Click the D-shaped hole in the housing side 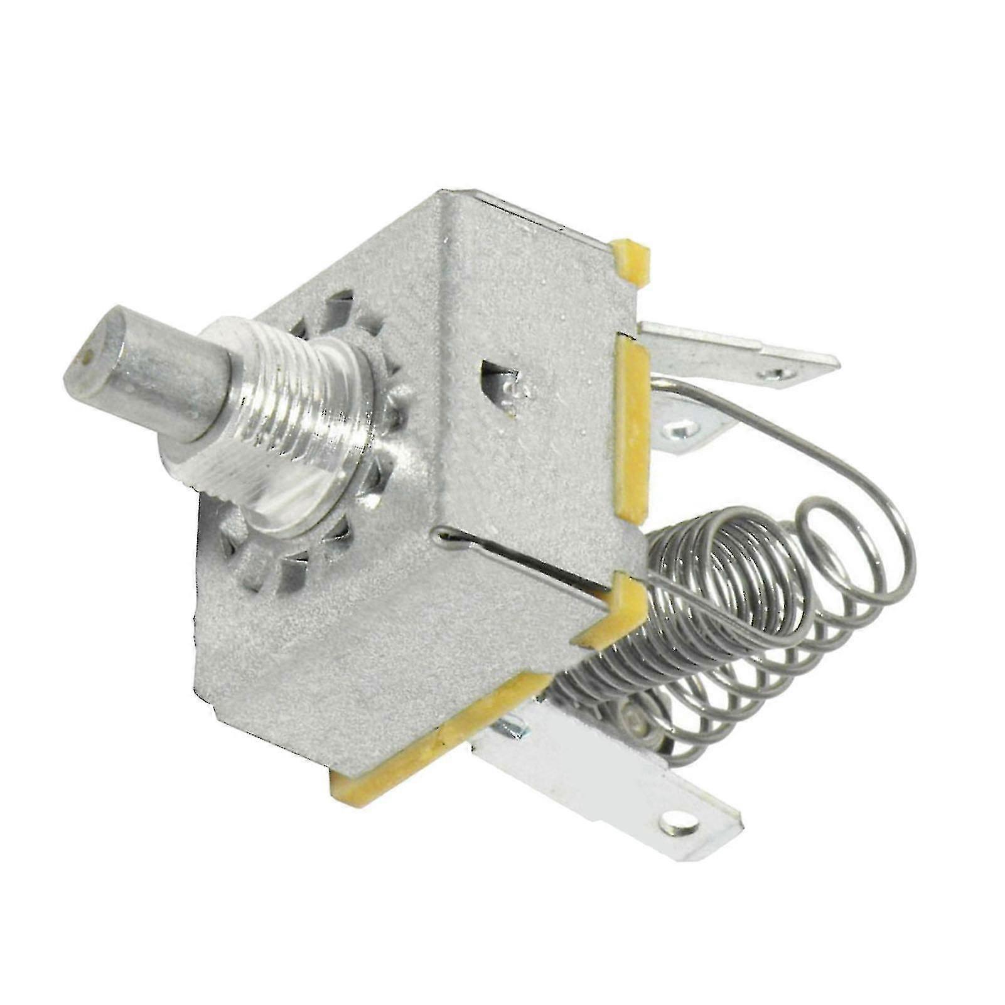tap(502, 383)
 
